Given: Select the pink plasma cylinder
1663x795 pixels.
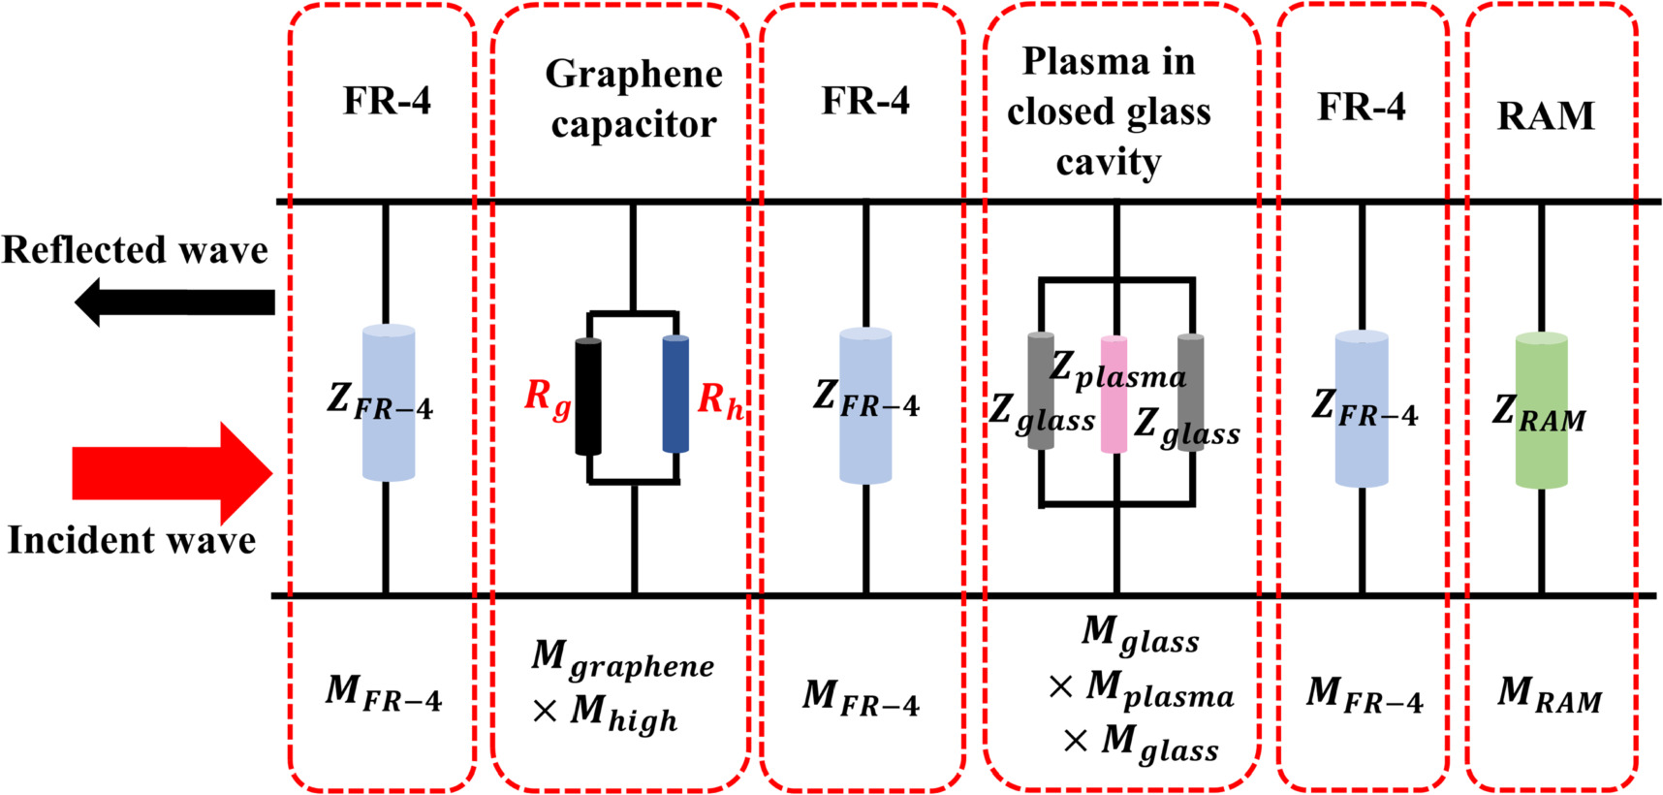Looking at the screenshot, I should pos(1114,427).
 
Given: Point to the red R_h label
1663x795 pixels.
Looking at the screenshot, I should pos(721,399).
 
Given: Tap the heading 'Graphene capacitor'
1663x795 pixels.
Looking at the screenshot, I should pos(634,99).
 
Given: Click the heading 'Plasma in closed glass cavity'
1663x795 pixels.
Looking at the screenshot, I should pos(1109,111).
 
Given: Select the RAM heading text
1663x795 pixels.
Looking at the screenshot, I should pos(1545,116).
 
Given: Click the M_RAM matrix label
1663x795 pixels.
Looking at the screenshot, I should pos(1549,695).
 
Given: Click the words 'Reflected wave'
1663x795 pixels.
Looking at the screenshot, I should pos(135,250).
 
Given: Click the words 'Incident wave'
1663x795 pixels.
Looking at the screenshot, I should pos(132,540).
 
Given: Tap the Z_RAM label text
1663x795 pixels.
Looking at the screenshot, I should pos(1539,413).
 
